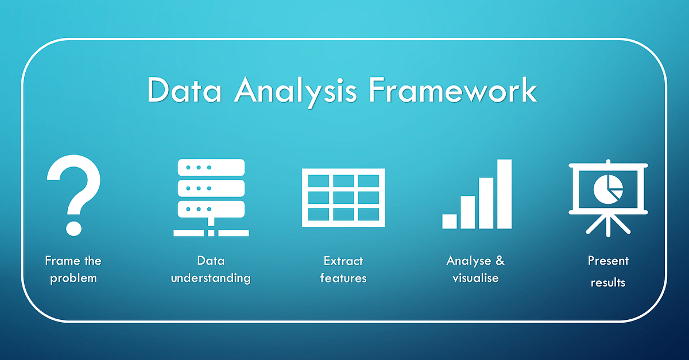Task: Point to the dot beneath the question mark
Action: (73, 225)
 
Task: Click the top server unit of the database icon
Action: (211, 168)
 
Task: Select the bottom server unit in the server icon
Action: (211, 208)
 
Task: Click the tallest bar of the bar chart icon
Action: (504, 193)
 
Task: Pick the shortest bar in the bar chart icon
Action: (450, 221)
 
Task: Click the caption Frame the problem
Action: (73, 269)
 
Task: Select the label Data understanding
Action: (211, 269)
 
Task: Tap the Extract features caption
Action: (343, 269)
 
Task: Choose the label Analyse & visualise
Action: (475, 269)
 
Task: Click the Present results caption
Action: (608, 271)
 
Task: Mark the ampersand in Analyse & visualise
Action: (498, 261)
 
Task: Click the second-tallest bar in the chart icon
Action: (486, 203)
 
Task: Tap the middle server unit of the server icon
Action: (211, 188)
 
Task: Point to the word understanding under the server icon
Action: (211, 278)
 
